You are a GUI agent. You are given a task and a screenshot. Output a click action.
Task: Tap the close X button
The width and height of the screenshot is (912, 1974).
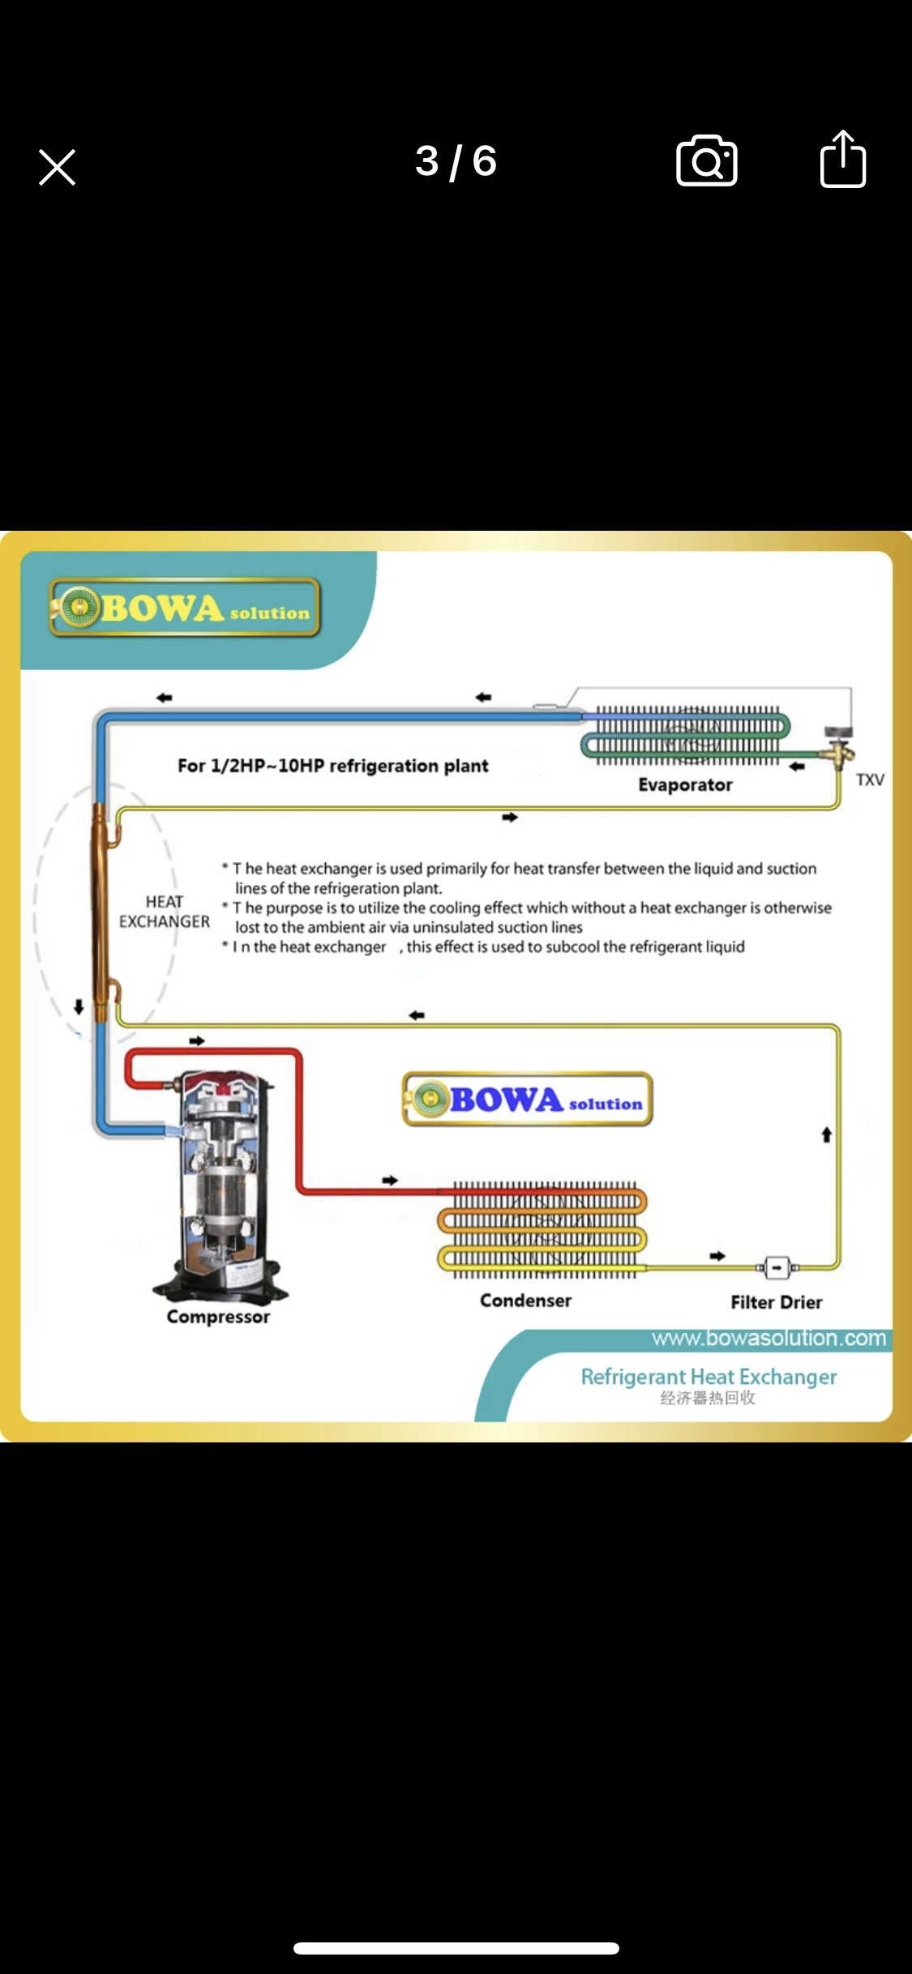point(57,168)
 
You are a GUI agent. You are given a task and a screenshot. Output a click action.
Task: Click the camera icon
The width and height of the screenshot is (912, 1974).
point(706,160)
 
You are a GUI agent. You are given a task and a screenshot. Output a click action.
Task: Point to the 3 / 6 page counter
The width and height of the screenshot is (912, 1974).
point(456,161)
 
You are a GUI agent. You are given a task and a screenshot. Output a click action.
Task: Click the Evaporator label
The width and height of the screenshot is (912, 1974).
point(685,784)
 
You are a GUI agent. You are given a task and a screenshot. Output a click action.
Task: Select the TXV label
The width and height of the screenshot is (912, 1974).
point(870,780)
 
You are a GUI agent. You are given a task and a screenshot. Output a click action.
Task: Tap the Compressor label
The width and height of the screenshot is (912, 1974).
point(218,1317)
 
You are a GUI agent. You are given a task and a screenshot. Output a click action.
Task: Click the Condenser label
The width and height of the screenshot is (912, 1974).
point(525,1301)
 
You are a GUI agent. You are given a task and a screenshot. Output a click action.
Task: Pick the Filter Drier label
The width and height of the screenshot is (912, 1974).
point(776,1302)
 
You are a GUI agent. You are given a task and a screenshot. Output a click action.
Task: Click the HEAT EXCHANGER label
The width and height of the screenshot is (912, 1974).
point(165,912)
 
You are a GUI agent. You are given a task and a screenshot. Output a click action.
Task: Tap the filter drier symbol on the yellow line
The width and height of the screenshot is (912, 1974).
point(777,1267)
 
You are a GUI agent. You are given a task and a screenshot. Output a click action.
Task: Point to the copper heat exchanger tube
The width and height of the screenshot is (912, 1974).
point(101,912)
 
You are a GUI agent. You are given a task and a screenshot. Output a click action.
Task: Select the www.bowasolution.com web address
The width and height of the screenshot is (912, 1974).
point(769,1338)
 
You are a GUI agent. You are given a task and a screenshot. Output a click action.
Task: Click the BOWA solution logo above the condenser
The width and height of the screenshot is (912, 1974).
point(528,1100)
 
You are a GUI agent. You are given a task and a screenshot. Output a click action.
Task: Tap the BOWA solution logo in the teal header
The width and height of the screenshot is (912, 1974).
point(185,608)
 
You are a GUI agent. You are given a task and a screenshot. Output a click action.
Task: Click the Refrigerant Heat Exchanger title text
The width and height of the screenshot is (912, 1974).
point(709,1377)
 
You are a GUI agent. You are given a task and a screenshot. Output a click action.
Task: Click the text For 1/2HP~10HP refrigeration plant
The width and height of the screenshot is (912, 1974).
point(332,766)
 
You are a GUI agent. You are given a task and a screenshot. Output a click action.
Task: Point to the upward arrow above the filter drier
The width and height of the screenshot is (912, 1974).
point(826,1134)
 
